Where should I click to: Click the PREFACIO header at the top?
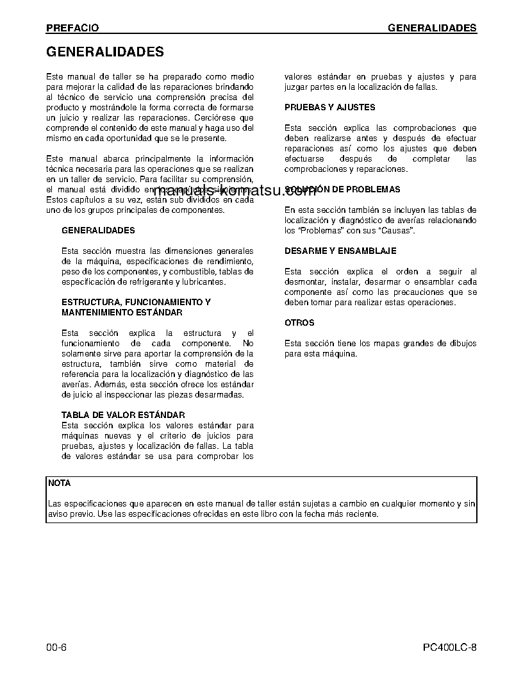(72, 28)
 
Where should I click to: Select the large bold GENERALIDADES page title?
(104, 52)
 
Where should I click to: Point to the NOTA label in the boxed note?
(60, 483)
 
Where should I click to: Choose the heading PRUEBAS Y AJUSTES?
(329, 108)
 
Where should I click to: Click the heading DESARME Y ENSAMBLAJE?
(340, 251)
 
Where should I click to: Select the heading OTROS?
(299, 323)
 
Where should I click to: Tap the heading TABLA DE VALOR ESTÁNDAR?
(123, 415)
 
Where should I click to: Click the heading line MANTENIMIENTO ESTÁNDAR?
(122, 313)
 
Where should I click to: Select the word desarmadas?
(221, 395)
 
